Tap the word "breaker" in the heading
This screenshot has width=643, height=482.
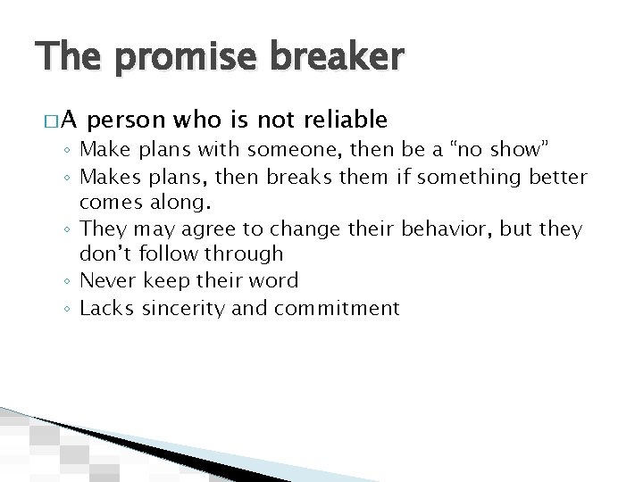[330, 59]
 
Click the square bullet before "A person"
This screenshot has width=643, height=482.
[52, 121]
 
